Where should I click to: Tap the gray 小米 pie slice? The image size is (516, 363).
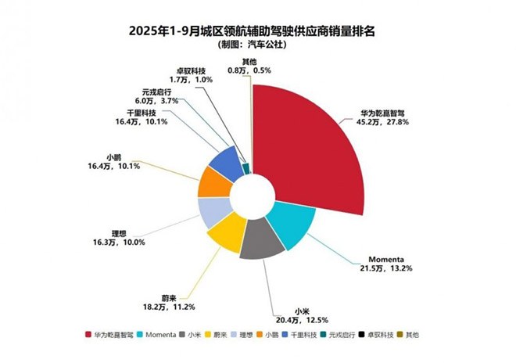click(261, 244)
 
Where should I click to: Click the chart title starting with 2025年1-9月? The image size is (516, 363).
click(257, 32)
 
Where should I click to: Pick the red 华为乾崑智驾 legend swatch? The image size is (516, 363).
click(89, 335)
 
